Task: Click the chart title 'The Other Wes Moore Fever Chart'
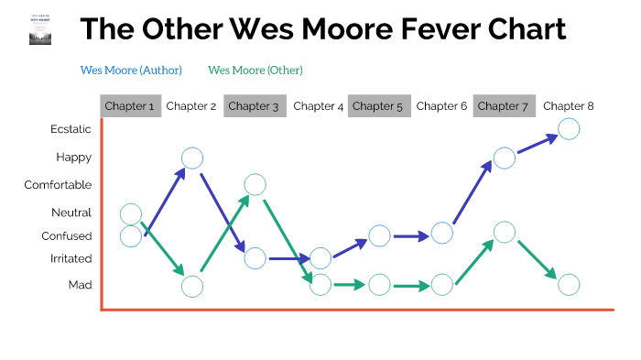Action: [x=322, y=30]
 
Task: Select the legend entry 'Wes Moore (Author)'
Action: [x=131, y=70]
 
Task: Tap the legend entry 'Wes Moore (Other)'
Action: [x=255, y=70]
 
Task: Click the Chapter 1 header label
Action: [x=129, y=106]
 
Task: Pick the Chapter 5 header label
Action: [x=377, y=106]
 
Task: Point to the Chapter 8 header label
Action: [x=568, y=106]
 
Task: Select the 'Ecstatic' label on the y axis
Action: [x=71, y=129]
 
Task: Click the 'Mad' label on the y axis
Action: [x=80, y=285]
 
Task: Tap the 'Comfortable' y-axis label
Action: [x=58, y=185]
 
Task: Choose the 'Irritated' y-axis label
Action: [x=71, y=259]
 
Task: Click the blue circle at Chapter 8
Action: [x=568, y=129]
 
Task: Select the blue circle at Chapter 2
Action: [x=192, y=158]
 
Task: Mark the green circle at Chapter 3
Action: [x=255, y=184]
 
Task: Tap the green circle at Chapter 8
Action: [x=568, y=285]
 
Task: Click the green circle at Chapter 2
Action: [x=192, y=286]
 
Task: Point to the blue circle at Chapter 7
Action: [x=505, y=158]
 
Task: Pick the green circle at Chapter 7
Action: [x=505, y=232]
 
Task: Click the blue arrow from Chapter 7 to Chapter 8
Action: [x=537, y=144]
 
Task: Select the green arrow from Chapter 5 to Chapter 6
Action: [x=410, y=285]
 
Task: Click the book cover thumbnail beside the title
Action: [x=41, y=29]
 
